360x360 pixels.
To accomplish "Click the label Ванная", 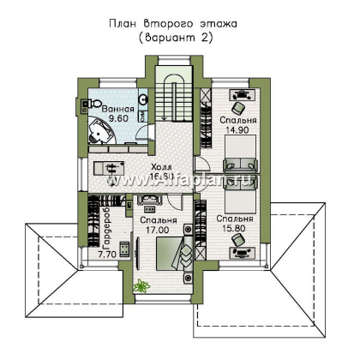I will [117, 111].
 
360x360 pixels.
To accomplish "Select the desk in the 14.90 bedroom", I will [239, 97].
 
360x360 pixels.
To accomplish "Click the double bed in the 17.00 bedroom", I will [171, 255].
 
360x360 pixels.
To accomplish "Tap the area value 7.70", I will [107, 255].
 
